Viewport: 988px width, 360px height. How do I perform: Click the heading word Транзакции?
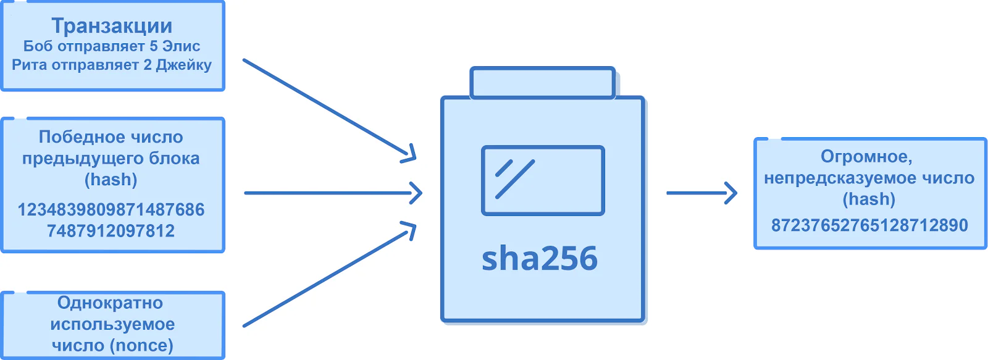pos(112,26)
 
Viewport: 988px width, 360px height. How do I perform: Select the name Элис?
pos(182,46)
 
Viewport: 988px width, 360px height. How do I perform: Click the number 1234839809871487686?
pos(111,209)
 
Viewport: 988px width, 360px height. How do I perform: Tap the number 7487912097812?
pos(111,231)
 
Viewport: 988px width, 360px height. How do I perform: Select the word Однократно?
pos(111,303)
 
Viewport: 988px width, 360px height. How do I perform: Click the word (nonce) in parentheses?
pos(143,345)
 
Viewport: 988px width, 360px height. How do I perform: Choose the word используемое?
pos(112,325)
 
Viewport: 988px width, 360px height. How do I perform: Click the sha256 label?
pos(540,259)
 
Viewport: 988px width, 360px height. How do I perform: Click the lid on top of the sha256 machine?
pos(543,83)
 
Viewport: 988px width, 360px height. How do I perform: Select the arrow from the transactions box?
pos(330,109)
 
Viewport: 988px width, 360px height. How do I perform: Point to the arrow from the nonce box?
pos(330,274)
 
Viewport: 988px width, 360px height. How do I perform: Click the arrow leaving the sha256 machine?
pos(701,193)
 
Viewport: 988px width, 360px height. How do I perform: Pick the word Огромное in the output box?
pos(866,157)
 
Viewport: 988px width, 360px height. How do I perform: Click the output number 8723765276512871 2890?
pos(869,225)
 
